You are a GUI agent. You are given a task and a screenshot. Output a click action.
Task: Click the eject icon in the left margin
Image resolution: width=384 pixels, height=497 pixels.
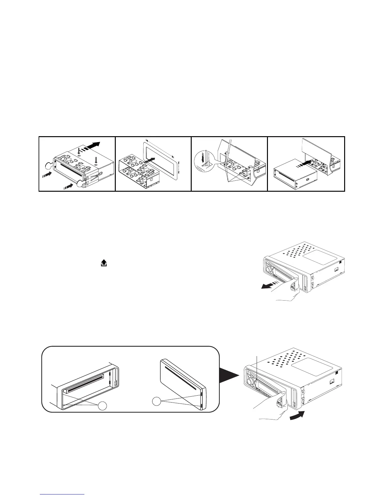click(x=104, y=264)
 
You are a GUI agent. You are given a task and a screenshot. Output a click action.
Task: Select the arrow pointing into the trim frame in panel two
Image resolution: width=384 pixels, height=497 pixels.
click(x=150, y=160)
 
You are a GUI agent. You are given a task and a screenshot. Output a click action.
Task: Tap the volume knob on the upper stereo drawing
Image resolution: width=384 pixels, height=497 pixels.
click(x=269, y=269)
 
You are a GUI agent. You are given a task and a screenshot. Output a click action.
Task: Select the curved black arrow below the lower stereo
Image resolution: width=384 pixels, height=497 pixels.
click(x=297, y=418)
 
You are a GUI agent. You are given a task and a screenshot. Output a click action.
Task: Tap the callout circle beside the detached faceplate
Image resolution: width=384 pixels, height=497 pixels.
click(x=157, y=401)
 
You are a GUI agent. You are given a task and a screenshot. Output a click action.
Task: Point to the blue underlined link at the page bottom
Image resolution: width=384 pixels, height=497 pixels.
click(x=62, y=494)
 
